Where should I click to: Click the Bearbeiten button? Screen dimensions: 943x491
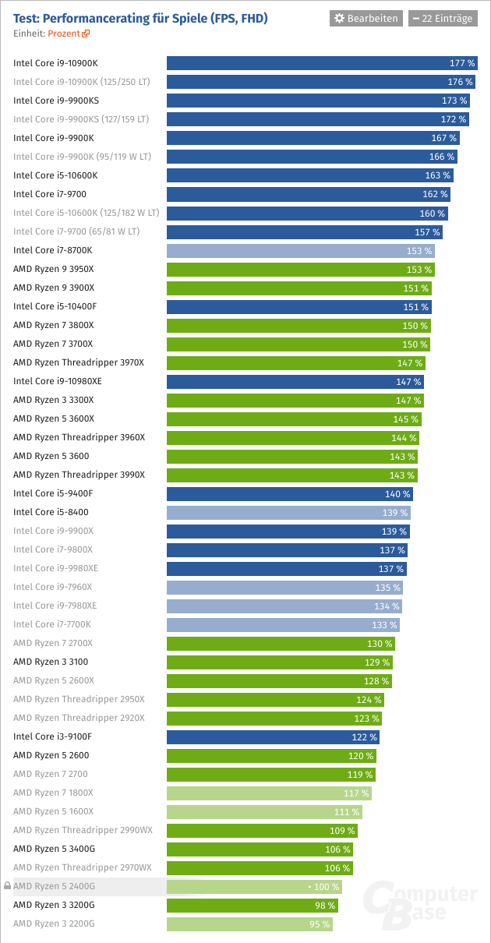(366, 18)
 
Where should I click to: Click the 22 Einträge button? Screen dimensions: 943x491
(442, 18)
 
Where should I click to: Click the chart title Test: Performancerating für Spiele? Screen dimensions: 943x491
(140, 17)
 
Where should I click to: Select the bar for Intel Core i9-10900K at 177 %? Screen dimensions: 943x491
(322, 63)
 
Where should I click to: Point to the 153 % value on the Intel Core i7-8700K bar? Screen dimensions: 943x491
(419, 251)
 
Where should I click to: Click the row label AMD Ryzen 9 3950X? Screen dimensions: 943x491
(54, 269)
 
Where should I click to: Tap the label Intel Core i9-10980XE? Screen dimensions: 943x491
(58, 382)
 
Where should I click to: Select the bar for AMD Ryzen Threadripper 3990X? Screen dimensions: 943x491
(292, 475)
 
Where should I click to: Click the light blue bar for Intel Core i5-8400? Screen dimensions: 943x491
(288, 513)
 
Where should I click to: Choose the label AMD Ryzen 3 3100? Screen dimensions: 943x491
(51, 662)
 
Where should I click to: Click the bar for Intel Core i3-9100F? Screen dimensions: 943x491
(273, 737)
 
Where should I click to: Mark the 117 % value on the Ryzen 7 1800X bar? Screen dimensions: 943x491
(357, 793)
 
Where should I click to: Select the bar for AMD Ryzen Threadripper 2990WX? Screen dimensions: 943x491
(263, 831)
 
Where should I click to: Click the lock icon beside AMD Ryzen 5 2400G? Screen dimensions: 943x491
(7, 887)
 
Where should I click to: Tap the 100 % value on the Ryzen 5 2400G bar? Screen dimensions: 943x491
(326, 887)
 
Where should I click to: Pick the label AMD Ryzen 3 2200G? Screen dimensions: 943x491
(54, 924)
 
